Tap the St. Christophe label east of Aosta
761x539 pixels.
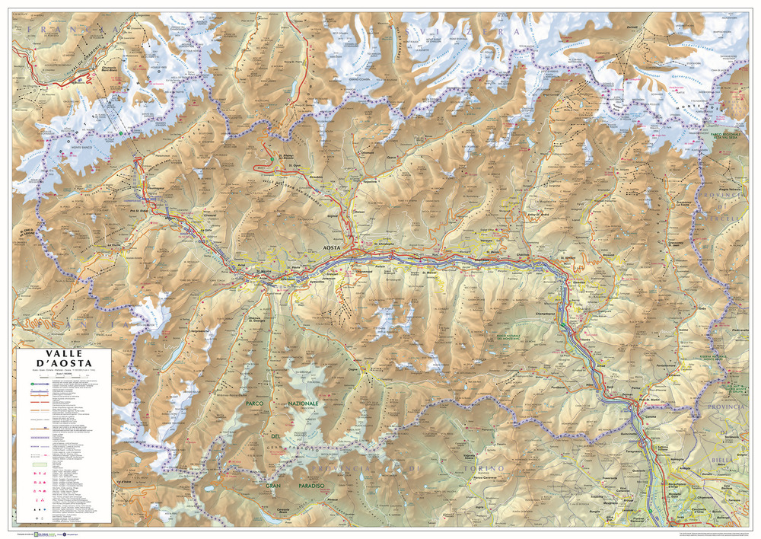click(x=380, y=244)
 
